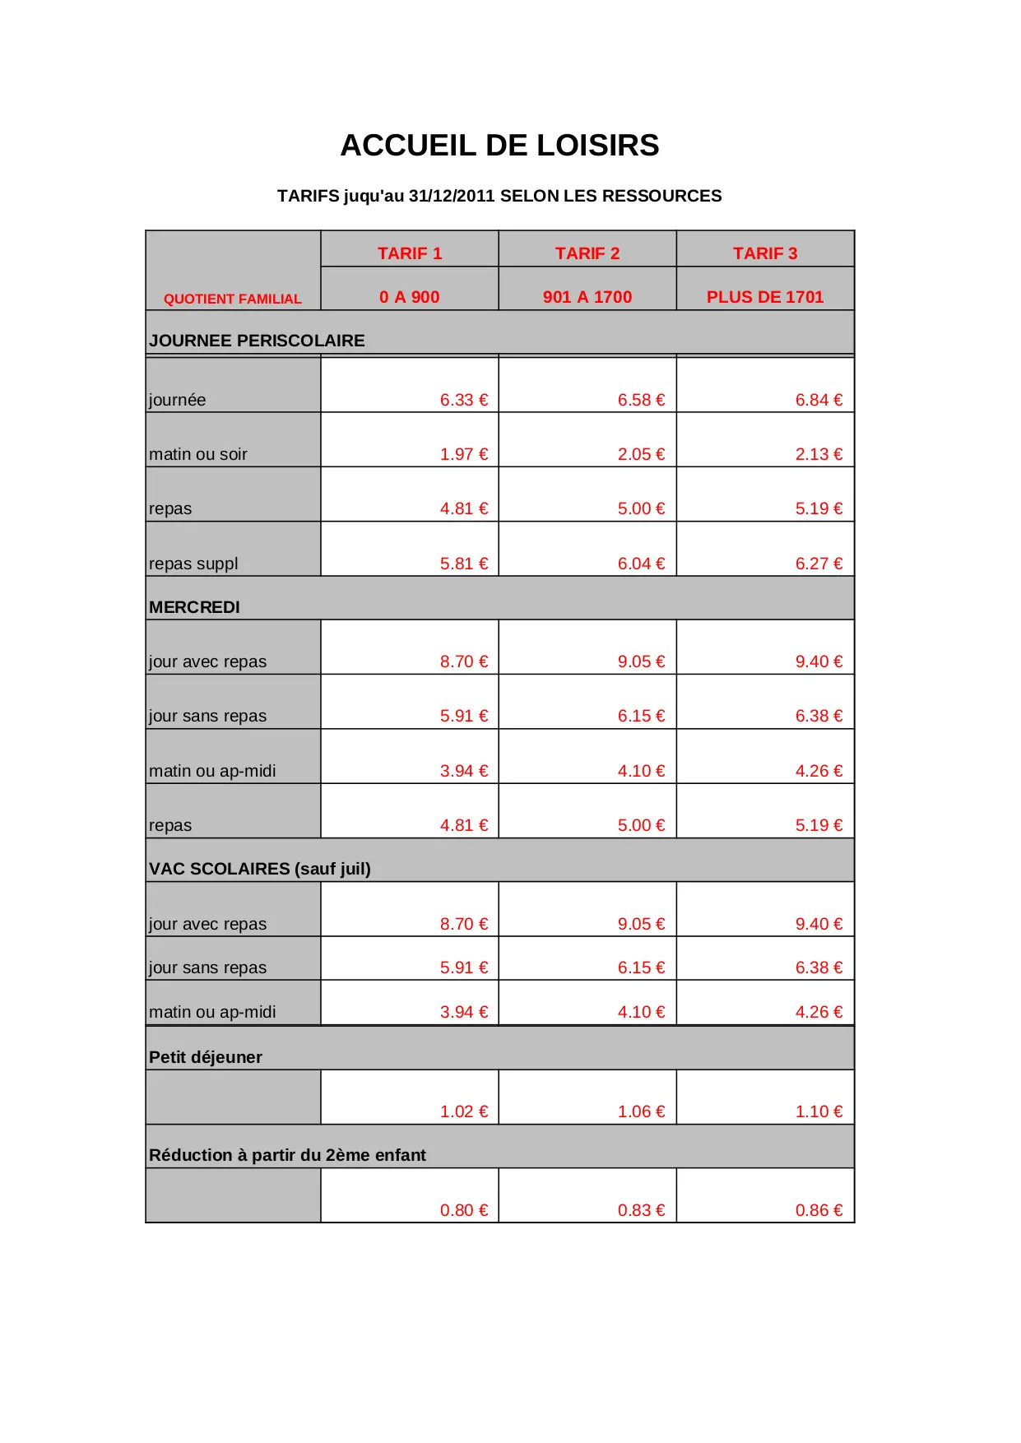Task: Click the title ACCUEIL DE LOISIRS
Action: tap(499, 146)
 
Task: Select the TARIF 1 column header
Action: tap(410, 253)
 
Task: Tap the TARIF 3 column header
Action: tap(765, 253)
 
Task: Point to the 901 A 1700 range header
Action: tap(587, 297)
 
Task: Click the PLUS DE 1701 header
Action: tap(765, 297)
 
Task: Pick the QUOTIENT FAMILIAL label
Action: tap(233, 299)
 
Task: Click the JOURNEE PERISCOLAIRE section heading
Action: tap(257, 341)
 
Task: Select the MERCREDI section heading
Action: tap(194, 607)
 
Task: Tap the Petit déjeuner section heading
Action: tap(206, 1057)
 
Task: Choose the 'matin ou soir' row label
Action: tap(198, 454)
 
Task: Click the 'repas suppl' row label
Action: tap(193, 564)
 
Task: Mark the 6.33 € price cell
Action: tap(464, 400)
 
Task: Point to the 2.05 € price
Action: tap(642, 454)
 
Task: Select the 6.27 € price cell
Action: tap(819, 564)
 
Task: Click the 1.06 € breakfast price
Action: tap(642, 1111)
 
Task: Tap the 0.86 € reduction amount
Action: tap(819, 1210)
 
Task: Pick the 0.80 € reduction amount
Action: tap(464, 1210)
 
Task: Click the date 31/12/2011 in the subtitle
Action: tap(452, 196)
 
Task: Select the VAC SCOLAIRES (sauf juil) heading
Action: tap(260, 869)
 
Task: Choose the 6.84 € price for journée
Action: tap(819, 400)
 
